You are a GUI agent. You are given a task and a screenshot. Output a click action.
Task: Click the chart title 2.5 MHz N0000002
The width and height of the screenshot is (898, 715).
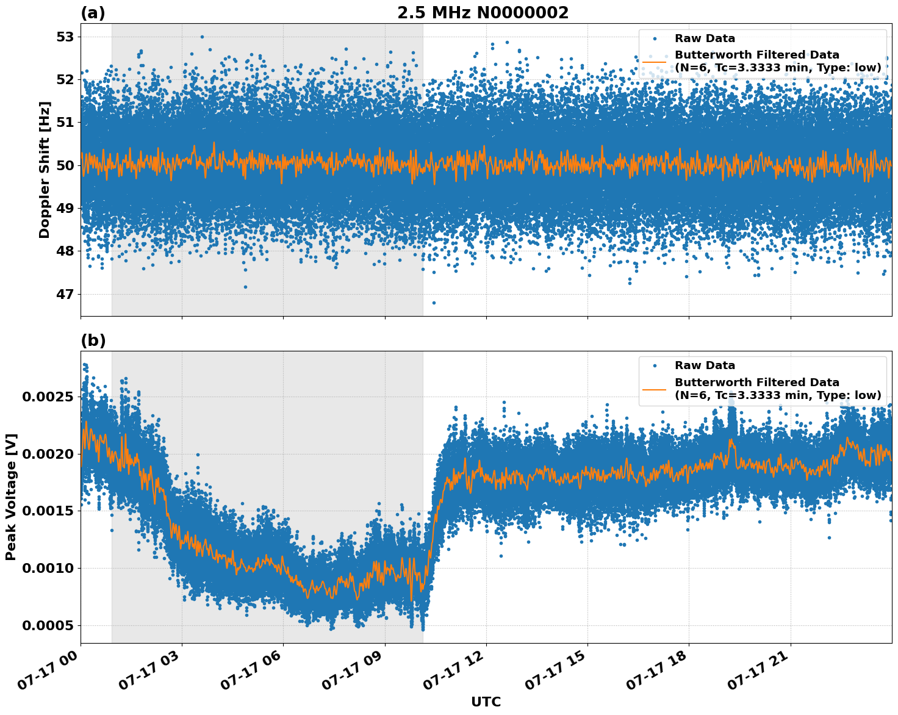click(483, 13)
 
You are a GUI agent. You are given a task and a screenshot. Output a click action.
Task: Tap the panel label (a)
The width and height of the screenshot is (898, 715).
click(93, 13)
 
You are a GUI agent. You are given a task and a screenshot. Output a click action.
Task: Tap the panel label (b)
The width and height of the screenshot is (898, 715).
click(93, 341)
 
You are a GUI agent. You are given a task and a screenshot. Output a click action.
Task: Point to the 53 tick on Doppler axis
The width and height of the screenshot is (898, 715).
click(65, 37)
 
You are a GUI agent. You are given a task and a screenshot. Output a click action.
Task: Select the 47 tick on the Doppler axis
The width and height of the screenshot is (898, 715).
click(65, 295)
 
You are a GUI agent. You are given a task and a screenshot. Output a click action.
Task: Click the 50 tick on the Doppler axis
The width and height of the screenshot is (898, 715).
click(65, 166)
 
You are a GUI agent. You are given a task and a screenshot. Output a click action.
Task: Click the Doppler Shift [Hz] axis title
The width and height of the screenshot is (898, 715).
click(45, 170)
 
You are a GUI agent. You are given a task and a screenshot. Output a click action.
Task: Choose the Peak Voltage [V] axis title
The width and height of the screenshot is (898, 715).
click(11, 497)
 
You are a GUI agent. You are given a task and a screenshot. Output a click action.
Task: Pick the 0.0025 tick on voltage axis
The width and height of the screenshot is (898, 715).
click(48, 397)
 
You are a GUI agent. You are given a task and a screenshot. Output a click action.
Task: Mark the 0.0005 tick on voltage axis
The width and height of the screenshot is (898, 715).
click(48, 626)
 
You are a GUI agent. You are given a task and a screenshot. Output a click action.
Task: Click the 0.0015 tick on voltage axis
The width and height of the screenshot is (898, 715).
click(48, 511)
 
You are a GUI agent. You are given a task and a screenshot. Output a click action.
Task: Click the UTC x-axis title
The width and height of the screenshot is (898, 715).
click(486, 702)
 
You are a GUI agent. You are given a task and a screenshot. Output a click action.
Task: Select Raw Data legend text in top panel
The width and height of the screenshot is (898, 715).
click(705, 38)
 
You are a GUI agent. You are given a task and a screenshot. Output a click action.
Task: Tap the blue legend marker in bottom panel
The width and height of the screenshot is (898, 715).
click(655, 365)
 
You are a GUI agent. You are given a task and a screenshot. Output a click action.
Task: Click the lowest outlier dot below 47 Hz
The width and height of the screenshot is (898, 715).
click(434, 303)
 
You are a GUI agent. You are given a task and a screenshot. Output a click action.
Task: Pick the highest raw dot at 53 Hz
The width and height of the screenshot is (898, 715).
click(202, 37)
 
